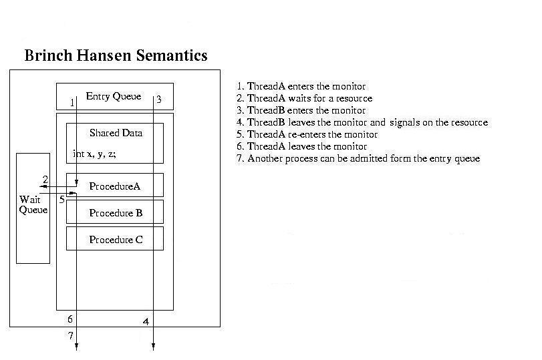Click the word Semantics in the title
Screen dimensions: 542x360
172,55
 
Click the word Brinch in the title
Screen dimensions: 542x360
48,55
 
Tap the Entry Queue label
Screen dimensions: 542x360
114,96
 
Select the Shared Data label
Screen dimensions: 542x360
116,133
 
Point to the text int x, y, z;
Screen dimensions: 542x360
94,154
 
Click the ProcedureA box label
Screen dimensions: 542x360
115,186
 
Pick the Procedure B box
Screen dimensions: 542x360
115,212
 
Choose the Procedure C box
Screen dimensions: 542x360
115,238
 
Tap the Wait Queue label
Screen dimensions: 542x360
33,204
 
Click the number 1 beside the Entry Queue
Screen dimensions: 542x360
72,103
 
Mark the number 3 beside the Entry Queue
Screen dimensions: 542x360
159,100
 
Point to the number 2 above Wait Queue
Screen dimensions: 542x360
45,179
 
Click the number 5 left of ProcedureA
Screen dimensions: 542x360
62,200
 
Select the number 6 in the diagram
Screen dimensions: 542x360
70,319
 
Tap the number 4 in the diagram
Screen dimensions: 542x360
146,322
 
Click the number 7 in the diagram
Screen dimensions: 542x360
71,335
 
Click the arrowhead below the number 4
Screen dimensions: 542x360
153,347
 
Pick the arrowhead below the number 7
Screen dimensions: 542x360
76,347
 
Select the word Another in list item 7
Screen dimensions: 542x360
265,158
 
